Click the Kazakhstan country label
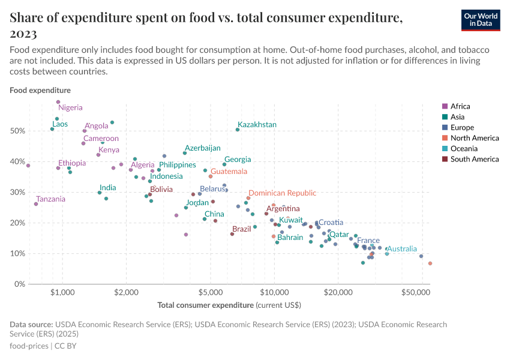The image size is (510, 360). point(257,125)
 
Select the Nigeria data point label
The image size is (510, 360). point(70,108)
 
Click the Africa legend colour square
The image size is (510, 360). point(445,107)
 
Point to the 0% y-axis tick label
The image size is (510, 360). point(19,284)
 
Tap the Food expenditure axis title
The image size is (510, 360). point(40,91)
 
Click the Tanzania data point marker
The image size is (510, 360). point(36,204)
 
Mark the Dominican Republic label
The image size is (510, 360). point(282,193)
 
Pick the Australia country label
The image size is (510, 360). point(401,248)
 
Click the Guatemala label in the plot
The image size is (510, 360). point(229,172)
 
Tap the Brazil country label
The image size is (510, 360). point(241,229)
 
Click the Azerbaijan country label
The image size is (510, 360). point(202,148)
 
